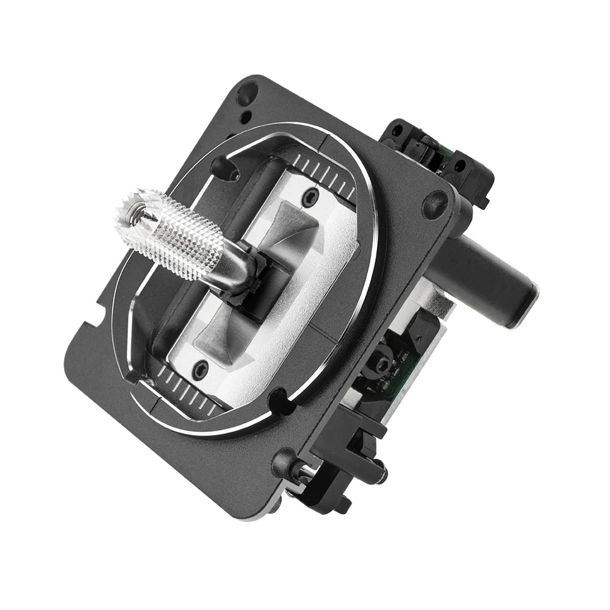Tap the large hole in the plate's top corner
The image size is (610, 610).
248,95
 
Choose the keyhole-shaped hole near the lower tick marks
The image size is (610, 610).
281,401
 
